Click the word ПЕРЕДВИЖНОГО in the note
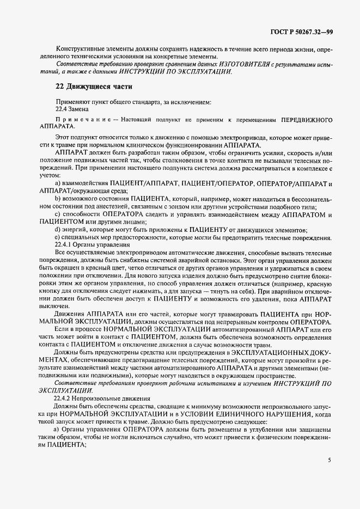(x=306, y=119)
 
